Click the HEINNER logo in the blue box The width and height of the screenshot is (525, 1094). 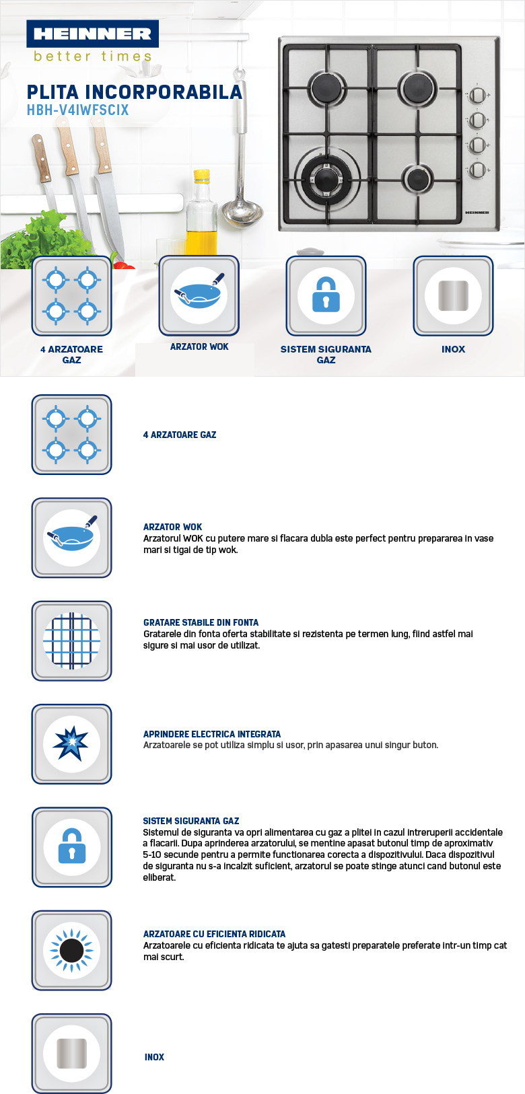click(92, 34)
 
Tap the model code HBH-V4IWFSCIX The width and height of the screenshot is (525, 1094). click(77, 110)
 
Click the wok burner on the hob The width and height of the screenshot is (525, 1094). click(326, 178)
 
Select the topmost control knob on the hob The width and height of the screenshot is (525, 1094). click(477, 96)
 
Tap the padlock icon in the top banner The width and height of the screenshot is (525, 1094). click(326, 295)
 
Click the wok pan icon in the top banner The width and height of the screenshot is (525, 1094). click(199, 294)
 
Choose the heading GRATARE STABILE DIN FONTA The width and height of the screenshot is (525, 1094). click(201, 622)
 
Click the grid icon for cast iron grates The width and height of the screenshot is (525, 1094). click(71, 641)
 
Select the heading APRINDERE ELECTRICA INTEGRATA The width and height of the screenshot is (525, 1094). click(211, 734)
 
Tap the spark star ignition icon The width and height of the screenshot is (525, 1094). click(71, 743)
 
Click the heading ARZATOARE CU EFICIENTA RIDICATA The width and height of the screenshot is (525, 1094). click(214, 934)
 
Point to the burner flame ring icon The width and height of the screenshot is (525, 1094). click(71, 950)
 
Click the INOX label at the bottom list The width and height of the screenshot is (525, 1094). click(154, 1057)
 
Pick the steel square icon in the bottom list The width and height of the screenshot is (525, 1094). click(71, 1053)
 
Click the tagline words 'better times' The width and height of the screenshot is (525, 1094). click(92, 57)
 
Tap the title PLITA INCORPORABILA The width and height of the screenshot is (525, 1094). click(134, 92)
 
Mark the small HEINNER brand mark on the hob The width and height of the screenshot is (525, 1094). click(477, 213)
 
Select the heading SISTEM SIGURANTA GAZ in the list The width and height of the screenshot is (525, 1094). click(190, 821)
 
